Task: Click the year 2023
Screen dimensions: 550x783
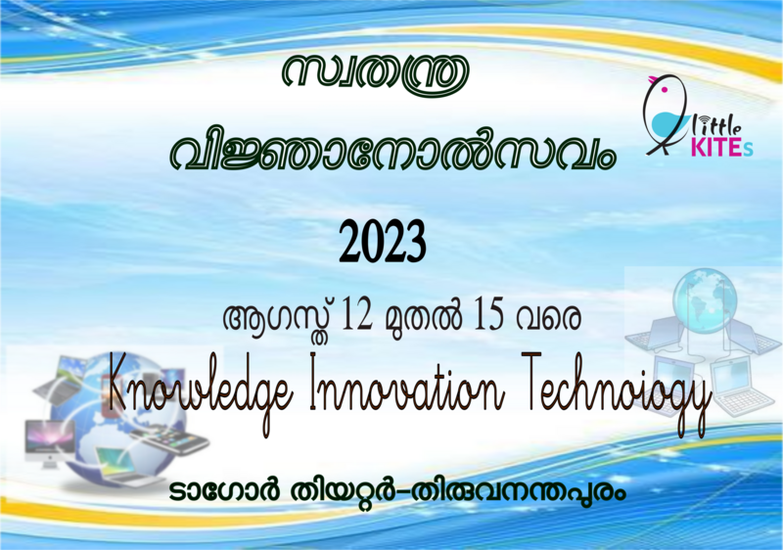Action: click(383, 241)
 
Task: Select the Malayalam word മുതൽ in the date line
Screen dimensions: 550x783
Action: click(423, 318)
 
